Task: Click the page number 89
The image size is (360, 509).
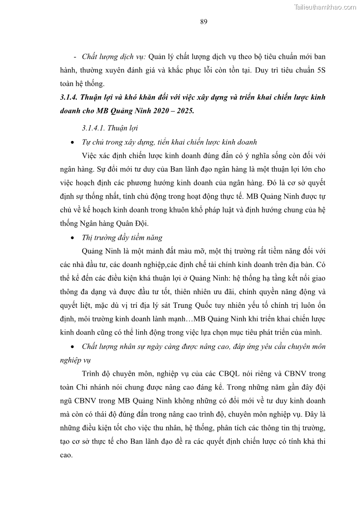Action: [204, 22]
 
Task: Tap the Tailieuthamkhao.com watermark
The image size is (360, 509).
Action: [325, 7]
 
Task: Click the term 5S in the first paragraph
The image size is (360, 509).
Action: [321, 70]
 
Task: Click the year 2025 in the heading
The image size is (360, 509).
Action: [184, 111]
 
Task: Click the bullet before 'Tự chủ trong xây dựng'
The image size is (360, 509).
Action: [73, 142]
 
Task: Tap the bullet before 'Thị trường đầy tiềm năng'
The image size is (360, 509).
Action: [73, 238]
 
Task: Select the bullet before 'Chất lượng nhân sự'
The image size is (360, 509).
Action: [73, 347]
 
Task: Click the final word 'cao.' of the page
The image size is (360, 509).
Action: [66, 455]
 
